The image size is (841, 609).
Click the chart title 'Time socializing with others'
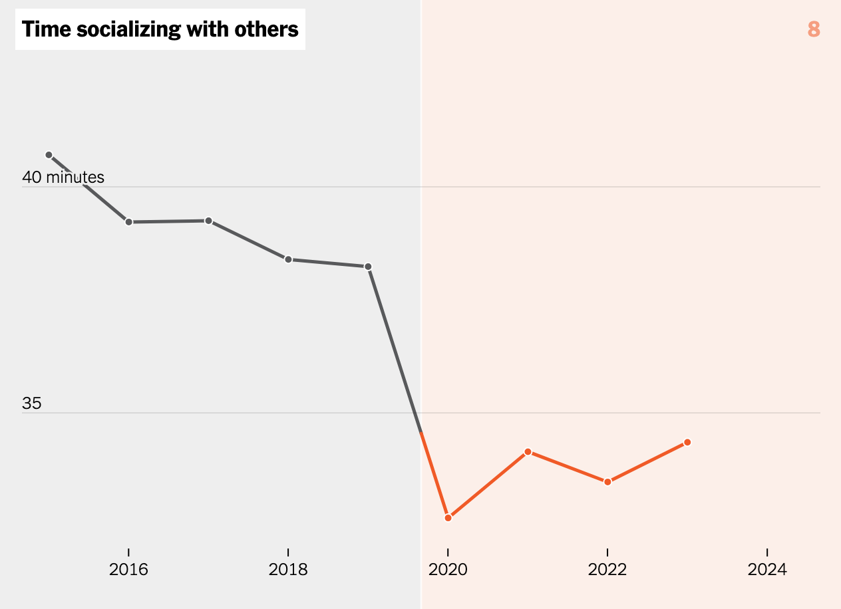coord(160,29)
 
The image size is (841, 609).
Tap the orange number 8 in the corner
coord(814,29)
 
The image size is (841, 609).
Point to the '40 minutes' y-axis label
coord(63,178)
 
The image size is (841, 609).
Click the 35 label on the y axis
coord(32,404)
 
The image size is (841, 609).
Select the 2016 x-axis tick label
coord(128,570)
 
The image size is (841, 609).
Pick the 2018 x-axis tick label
coord(288,570)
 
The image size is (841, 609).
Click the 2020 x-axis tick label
coord(448,570)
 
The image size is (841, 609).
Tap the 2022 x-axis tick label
coord(607,570)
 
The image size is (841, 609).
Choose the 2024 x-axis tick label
coord(767,570)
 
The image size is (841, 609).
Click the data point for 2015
coord(49,155)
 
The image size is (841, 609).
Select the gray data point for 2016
coord(128,221)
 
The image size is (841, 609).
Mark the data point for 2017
coord(208,221)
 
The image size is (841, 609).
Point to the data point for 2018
coord(288,259)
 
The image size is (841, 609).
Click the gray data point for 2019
coord(368,267)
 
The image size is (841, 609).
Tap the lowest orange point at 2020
coord(448,517)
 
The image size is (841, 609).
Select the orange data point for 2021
coord(528,452)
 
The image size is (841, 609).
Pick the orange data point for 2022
coord(607,481)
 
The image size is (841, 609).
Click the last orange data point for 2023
coord(687,442)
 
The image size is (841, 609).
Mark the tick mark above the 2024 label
coord(767,552)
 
